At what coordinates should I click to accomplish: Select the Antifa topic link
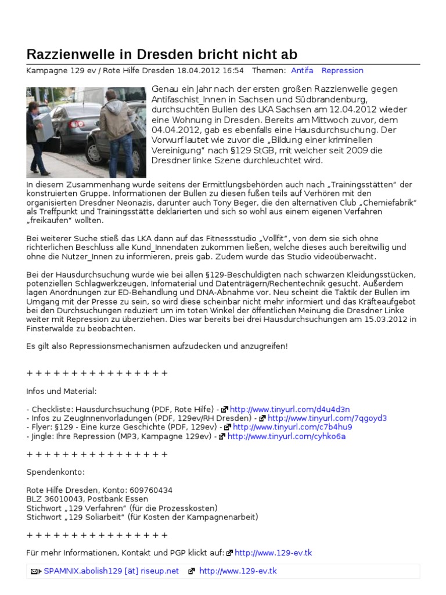[x=302, y=71]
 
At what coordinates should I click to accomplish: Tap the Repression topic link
[x=342, y=71]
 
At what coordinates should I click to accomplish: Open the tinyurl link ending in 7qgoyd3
[x=327, y=418]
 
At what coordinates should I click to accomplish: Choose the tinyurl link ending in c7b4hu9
[x=292, y=427]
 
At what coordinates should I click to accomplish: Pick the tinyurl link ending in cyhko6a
[x=286, y=436]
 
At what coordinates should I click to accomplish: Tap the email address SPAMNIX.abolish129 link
[x=111, y=571]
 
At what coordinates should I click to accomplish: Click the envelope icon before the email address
[x=35, y=572]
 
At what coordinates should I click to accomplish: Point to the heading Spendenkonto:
[x=56, y=472]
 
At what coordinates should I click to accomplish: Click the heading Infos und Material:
[x=62, y=391]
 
